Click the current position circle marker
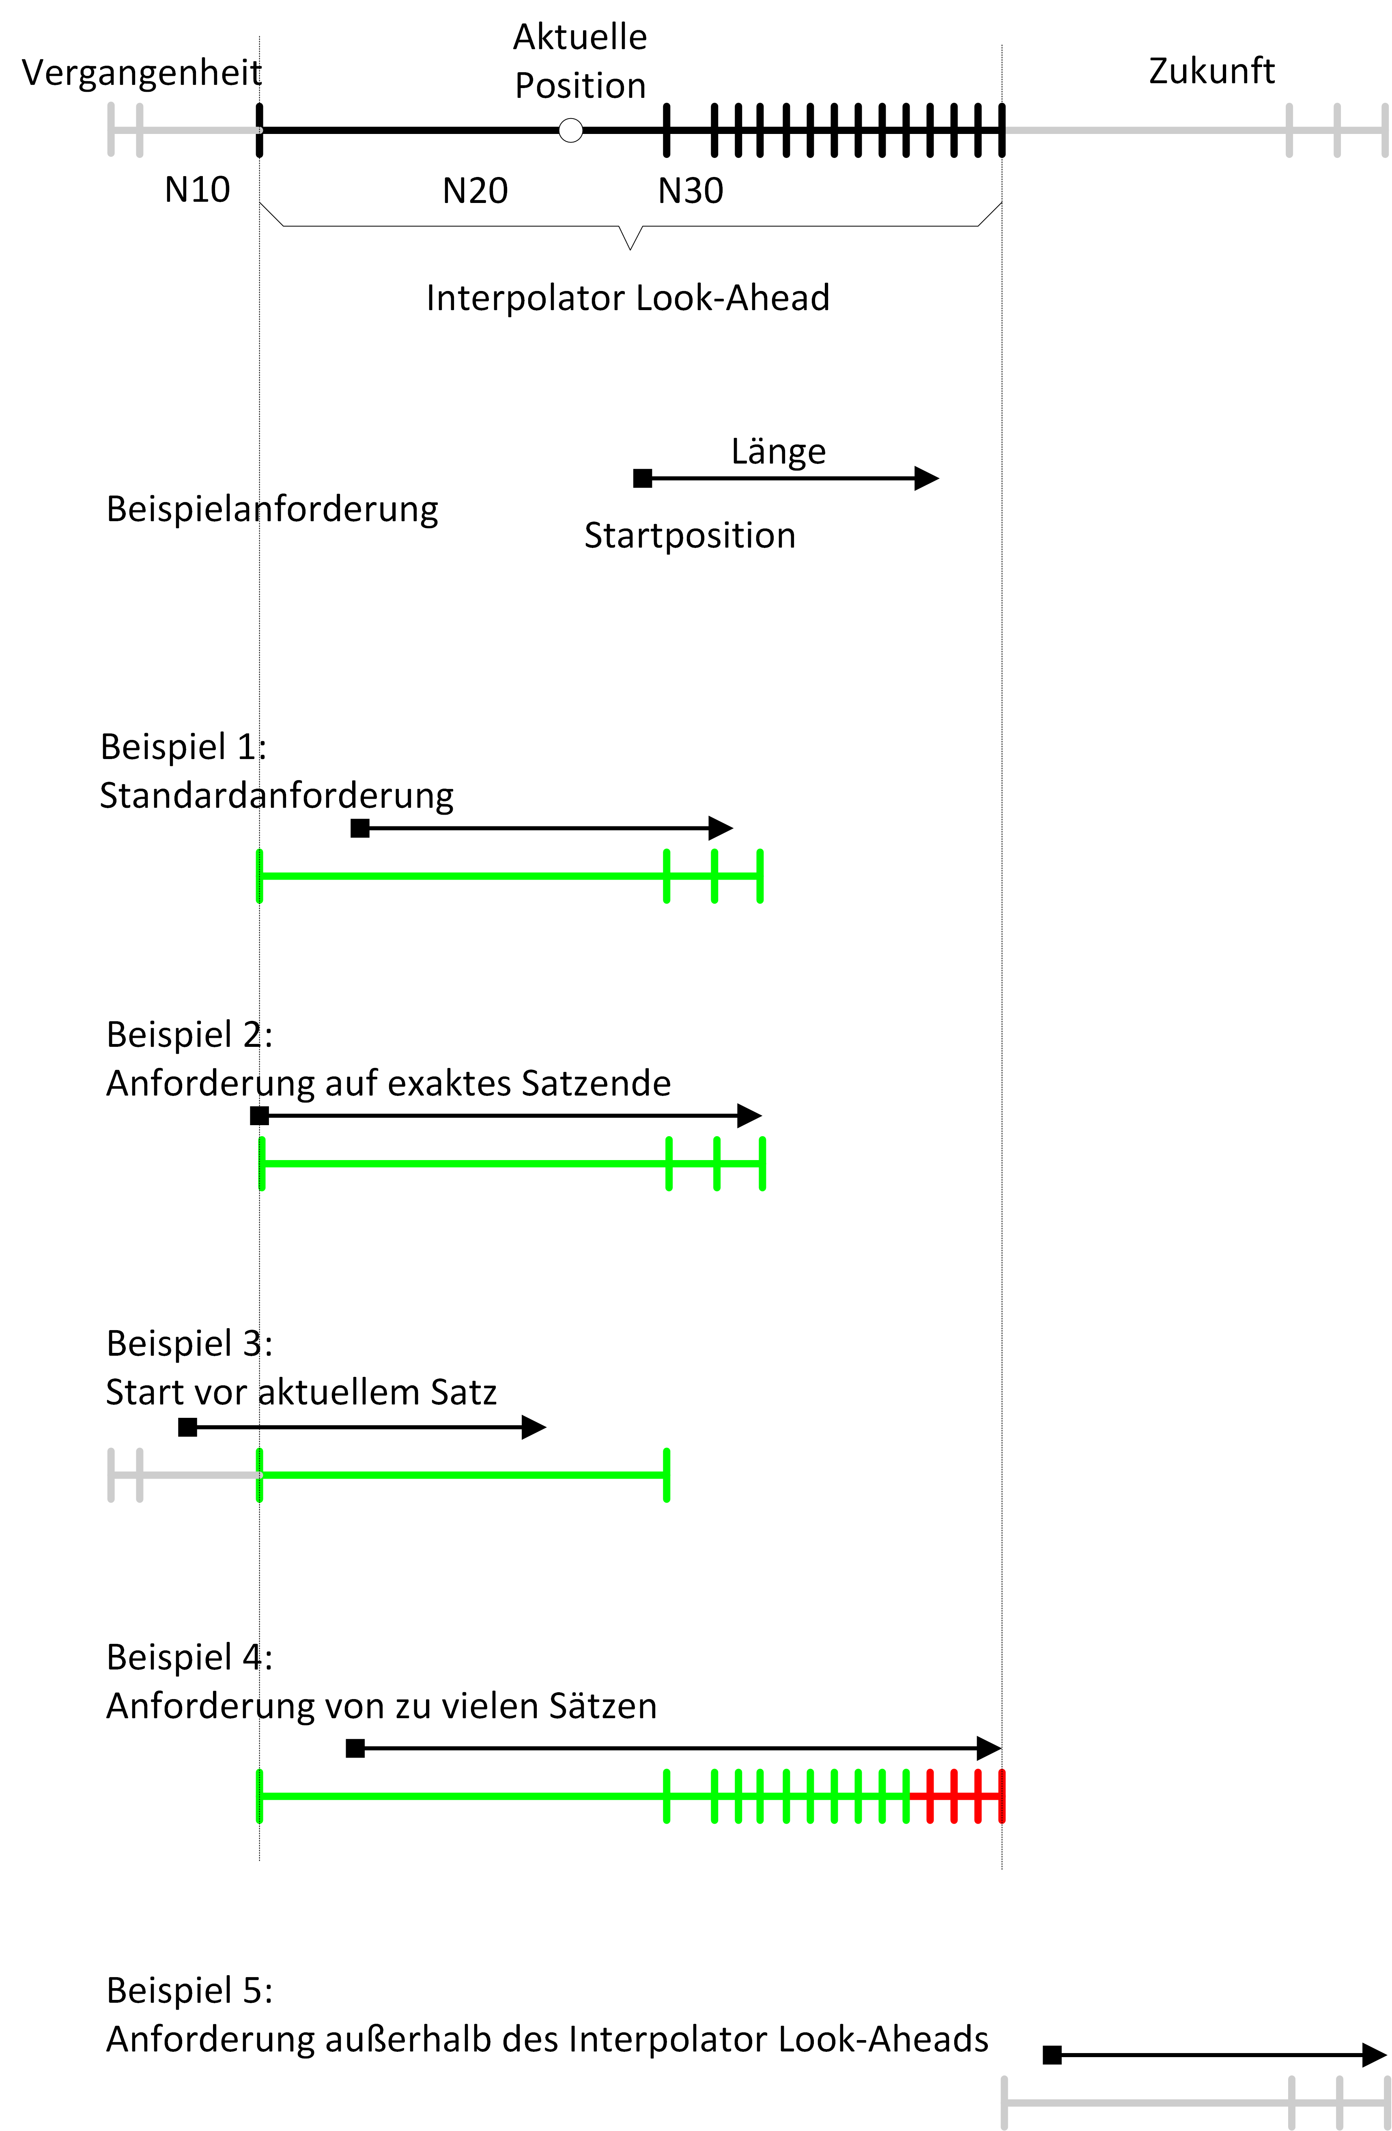coord(570,131)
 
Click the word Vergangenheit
coord(142,73)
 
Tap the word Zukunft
coord(1211,71)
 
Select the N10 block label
coord(197,190)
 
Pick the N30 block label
coord(690,191)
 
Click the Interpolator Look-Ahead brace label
coord(628,297)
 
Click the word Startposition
coord(689,535)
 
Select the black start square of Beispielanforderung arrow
coord(642,478)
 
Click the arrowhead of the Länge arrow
coord(927,478)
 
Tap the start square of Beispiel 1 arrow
coord(360,828)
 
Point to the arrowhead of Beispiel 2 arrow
coord(750,1116)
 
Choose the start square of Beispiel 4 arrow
coord(355,1748)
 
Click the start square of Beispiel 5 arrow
coord(1052,2055)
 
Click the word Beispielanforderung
coord(272,509)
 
